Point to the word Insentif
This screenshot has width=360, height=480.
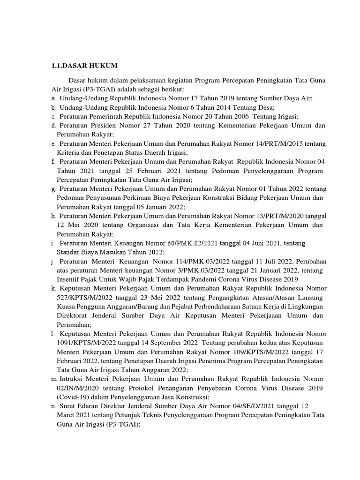pos(68,279)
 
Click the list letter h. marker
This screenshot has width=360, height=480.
pos(53,216)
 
